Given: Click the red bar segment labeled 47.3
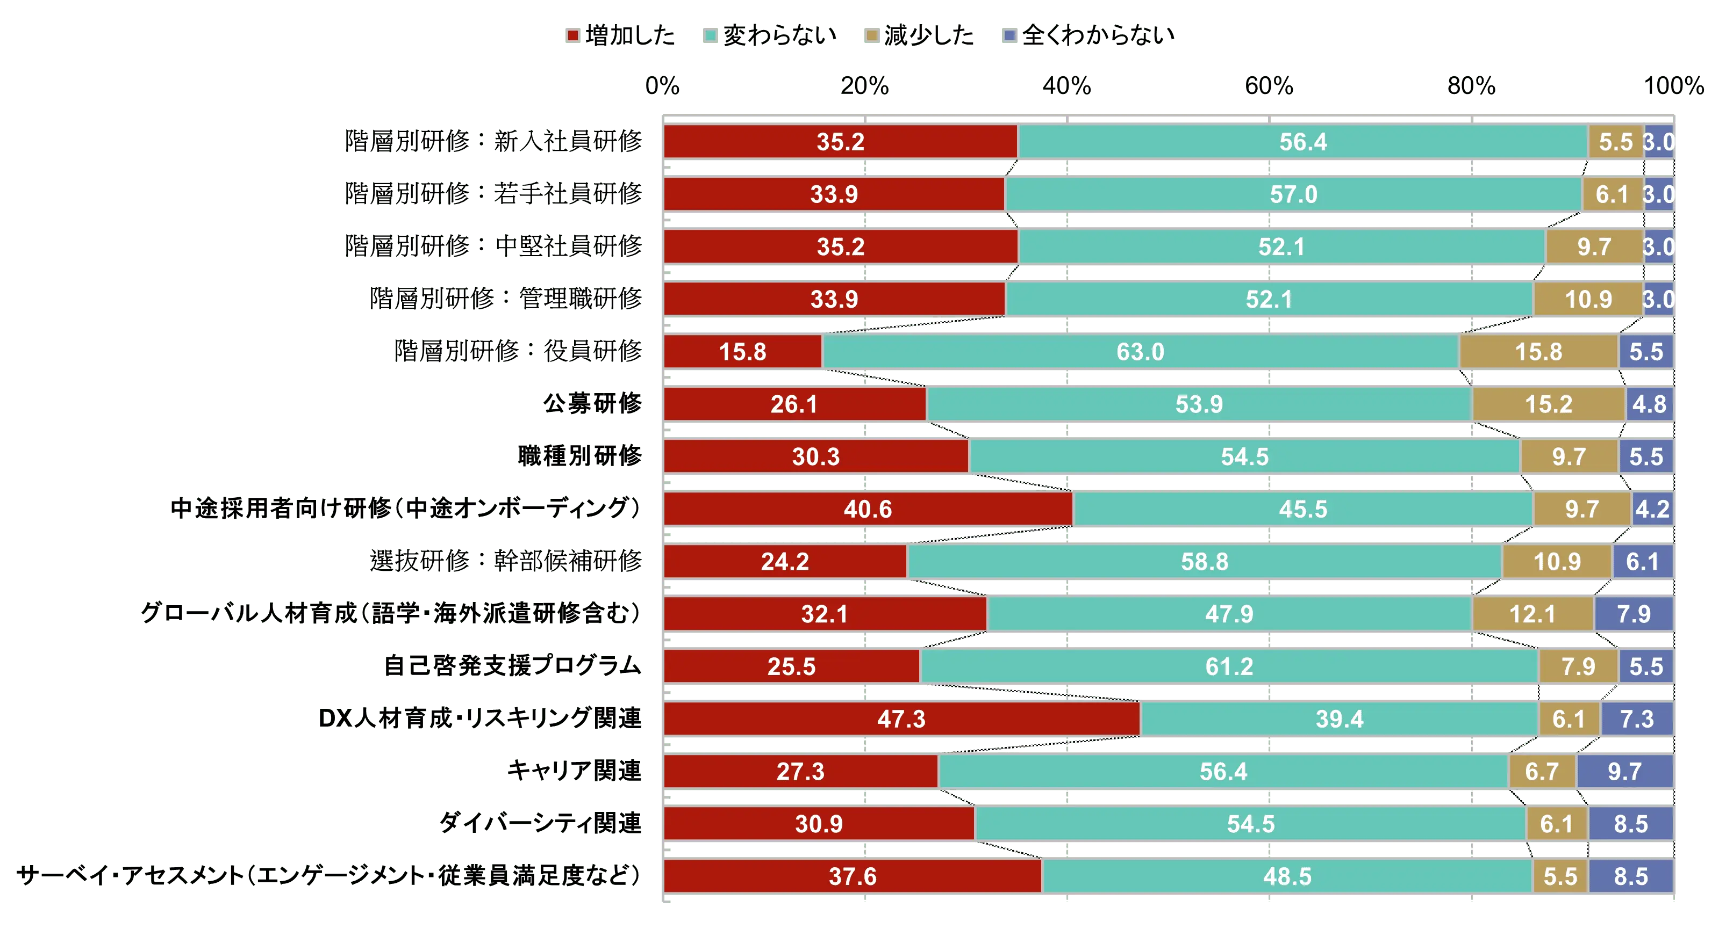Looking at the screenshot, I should (x=901, y=718).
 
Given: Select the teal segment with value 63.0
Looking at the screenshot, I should (x=1140, y=352).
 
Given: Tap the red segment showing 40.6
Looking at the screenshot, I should (x=868, y=509).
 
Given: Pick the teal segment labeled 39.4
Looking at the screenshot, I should (x=1339, y=718).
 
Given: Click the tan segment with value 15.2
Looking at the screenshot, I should (x=1548, y=404).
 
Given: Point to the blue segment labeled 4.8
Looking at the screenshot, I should (x=1649, y=404).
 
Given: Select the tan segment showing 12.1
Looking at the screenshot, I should (x=1532, y=614).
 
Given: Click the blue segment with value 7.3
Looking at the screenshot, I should (x=1636, y=718).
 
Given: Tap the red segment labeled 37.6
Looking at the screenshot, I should (x=853, y=876).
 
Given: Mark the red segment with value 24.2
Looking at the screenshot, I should (x=785, y=561).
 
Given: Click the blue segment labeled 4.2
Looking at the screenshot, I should (x=1652, y=509).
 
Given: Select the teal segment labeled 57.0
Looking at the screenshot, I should (x=1293, y=194).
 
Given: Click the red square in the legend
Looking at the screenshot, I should (x=572, y=35).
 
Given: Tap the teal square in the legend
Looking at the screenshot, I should (x=709, y=35).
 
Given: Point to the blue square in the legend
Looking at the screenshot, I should (x=1009, y=35).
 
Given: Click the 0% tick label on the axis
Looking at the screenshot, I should (x=662, y=85).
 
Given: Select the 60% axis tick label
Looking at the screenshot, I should (x=1268, y=85).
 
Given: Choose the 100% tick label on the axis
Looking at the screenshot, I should (x=1674, y=85).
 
